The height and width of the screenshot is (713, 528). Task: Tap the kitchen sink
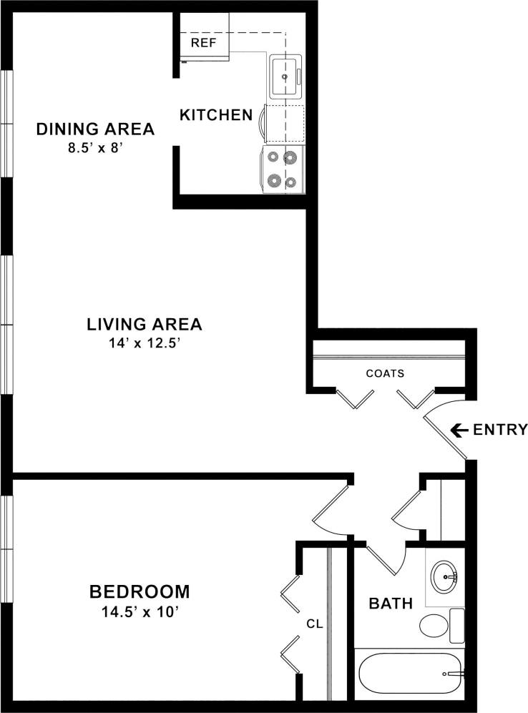[x=285, y=75]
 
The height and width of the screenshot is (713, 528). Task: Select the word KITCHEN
[x=215, y=114]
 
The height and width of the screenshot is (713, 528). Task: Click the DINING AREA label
[x=95, y=129]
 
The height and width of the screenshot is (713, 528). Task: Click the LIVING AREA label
[x=145, y=324]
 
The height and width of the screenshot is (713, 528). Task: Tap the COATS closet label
[x=385, y=373]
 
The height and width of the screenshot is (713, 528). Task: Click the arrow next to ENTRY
[x=459, y=430]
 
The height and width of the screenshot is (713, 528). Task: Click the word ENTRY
[x=500, y=430]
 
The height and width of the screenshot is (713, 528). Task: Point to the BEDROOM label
[x=140, y=592]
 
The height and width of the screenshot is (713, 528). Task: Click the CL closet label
[x=315, y=624]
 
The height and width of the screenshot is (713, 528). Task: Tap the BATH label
[x=391, y=604]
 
